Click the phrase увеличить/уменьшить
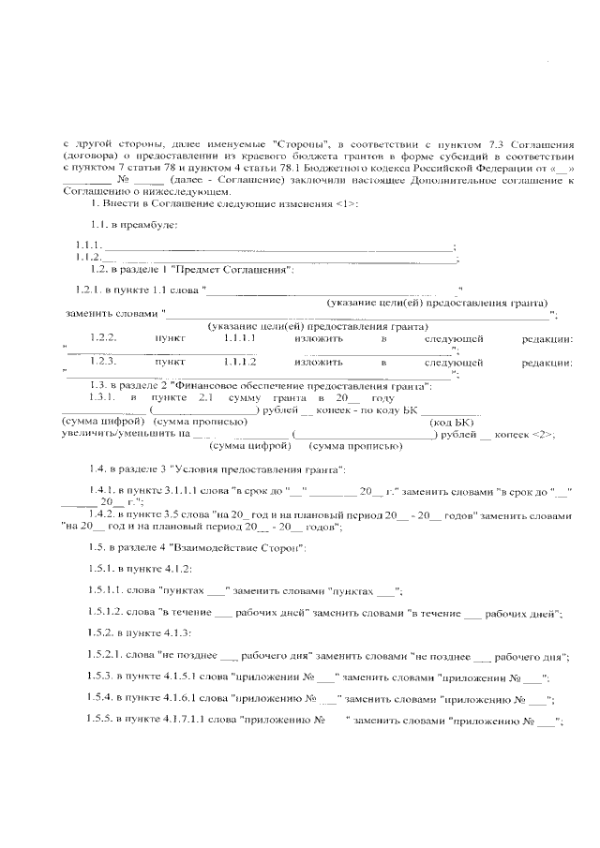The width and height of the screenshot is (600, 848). click(120, 434)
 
